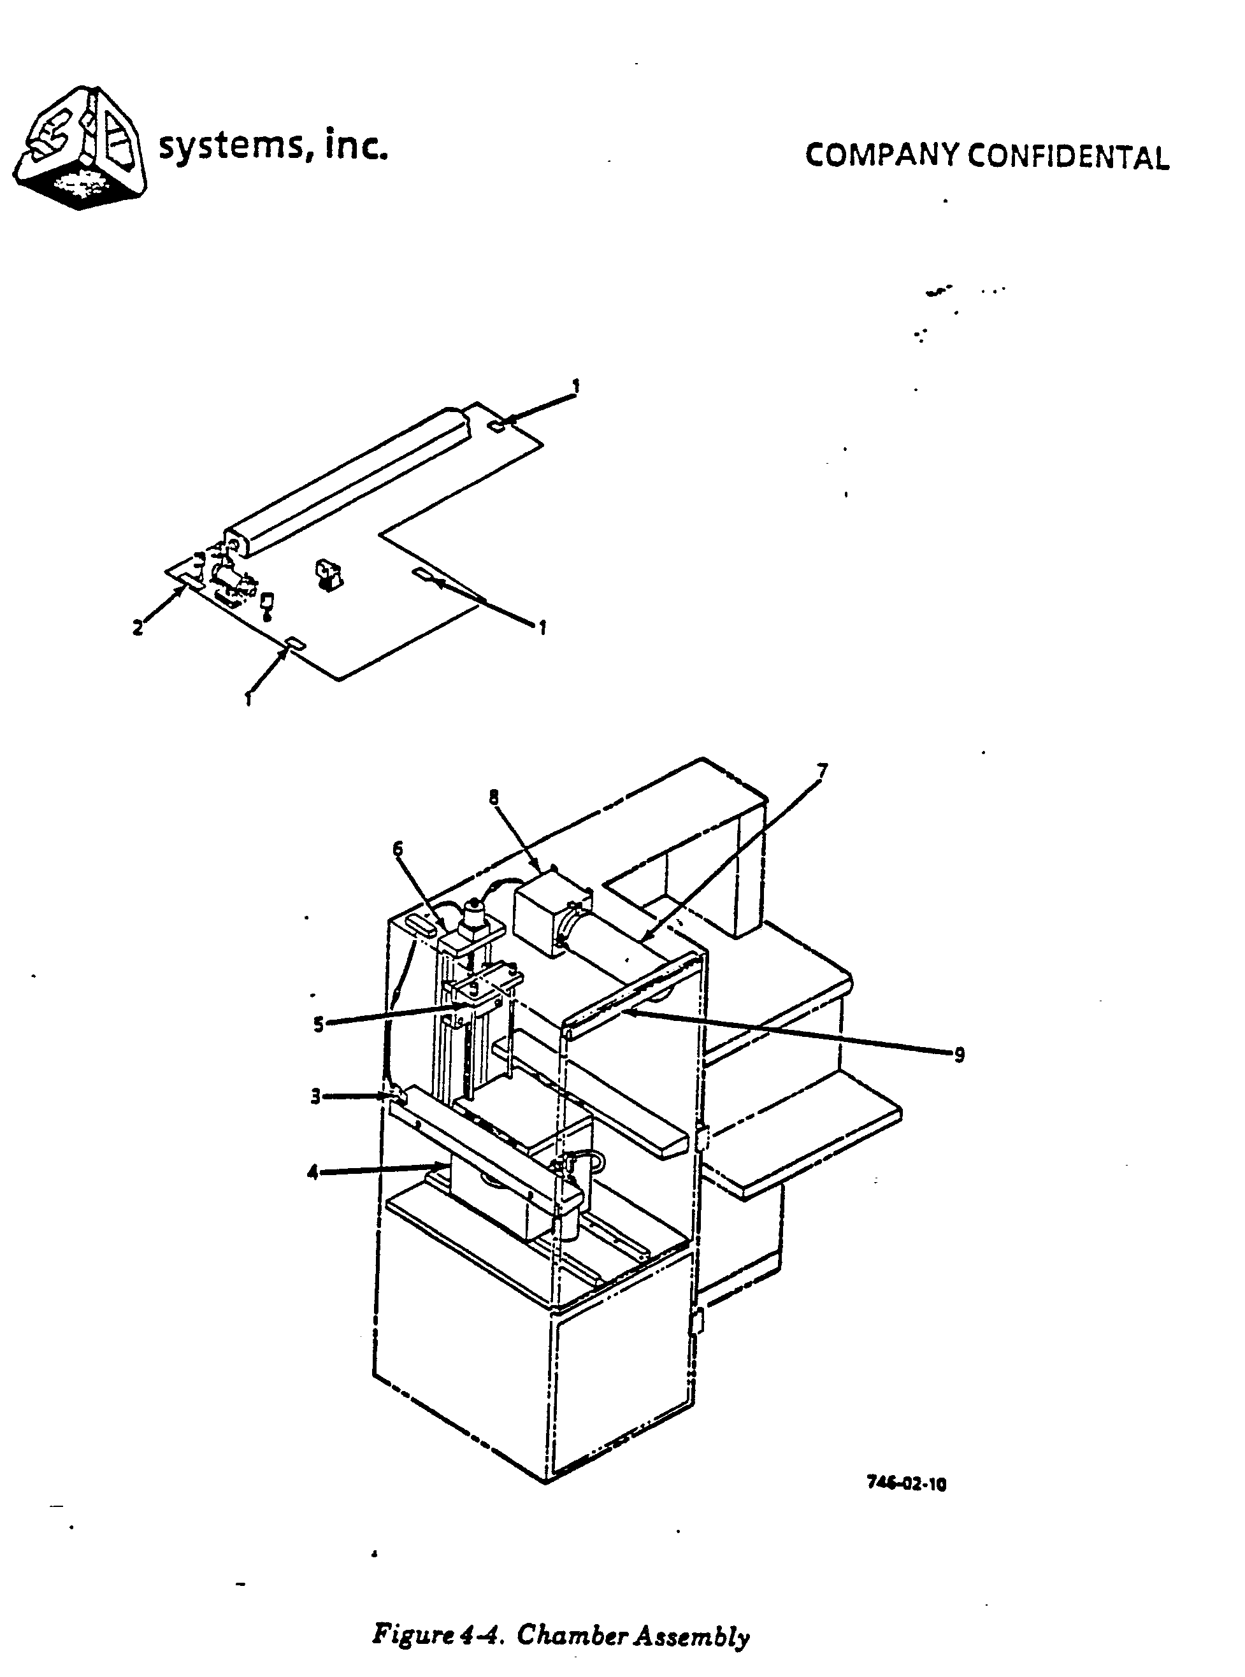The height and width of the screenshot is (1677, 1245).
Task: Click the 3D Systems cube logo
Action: click(x=82, y=148)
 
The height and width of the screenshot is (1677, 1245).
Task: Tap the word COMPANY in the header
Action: click(x=882, y=155)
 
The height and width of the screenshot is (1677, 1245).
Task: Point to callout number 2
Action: click(x=138, y=627)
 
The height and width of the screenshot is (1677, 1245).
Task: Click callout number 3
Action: click(x=316, y=1096)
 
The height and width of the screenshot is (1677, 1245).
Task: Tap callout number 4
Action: click(x=313, y=1172)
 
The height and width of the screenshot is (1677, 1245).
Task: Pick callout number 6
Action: click(x=398, y=849)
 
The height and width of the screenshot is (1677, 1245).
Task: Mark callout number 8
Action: click(x=494, y=797)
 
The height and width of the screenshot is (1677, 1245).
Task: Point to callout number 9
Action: click(x=959, y=1055)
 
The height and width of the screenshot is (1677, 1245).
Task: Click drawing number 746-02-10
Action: click(x=906, y=1483)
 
